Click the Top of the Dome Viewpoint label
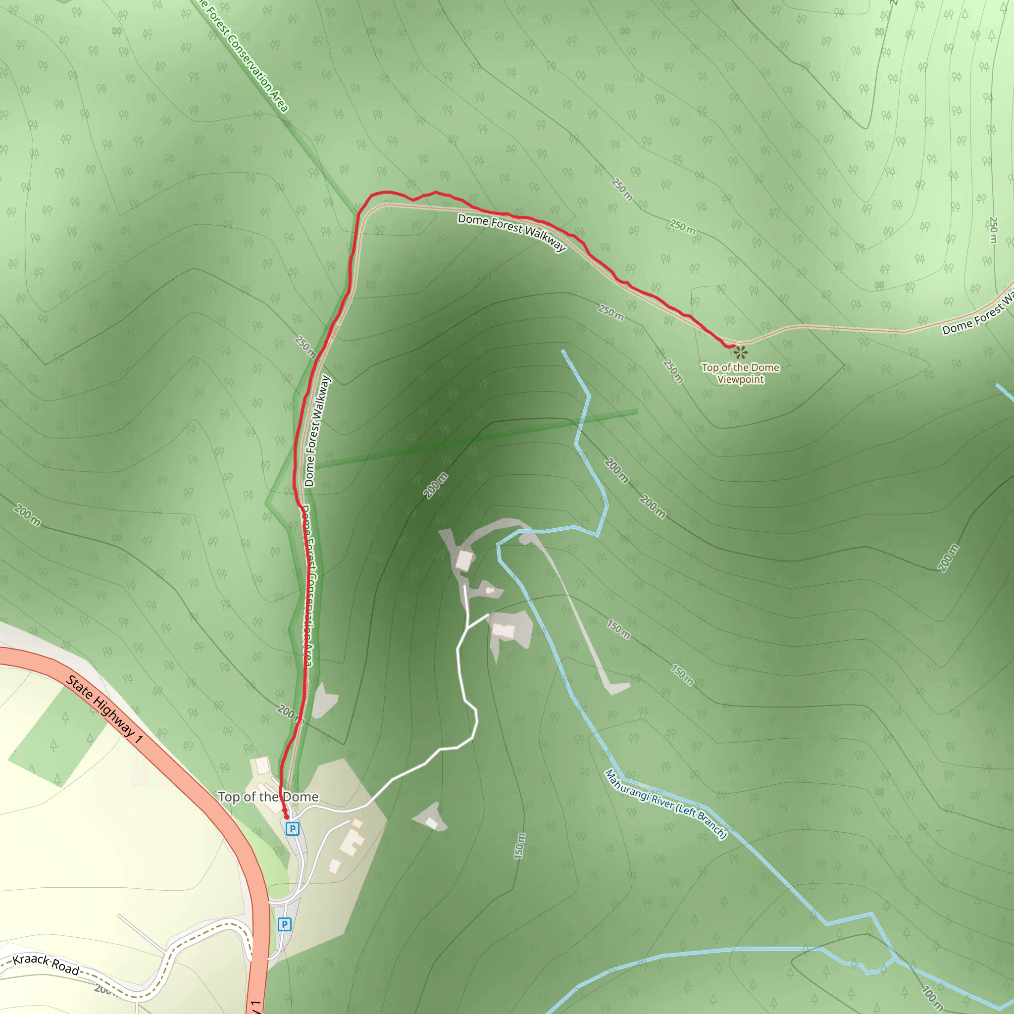coord(741,374)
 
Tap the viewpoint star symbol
coord(740,352)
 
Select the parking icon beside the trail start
coord(292,829)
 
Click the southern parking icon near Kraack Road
coord(285,924)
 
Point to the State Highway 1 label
coord(104,709)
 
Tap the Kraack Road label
coord(46,964)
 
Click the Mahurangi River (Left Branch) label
coord(665,804)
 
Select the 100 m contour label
coord(933,998)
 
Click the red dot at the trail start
coord(287,817)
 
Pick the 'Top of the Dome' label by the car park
coord(268,797)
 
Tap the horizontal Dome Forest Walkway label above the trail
coord(512,231)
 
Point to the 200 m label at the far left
coord(27,515)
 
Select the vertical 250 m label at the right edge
coord(993,230)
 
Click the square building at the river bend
coord(464,560)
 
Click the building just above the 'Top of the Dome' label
coord(262,766)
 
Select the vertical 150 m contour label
coord(519,846)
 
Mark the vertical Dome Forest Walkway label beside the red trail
coord(317,431)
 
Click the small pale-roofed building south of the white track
coord(431,822)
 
